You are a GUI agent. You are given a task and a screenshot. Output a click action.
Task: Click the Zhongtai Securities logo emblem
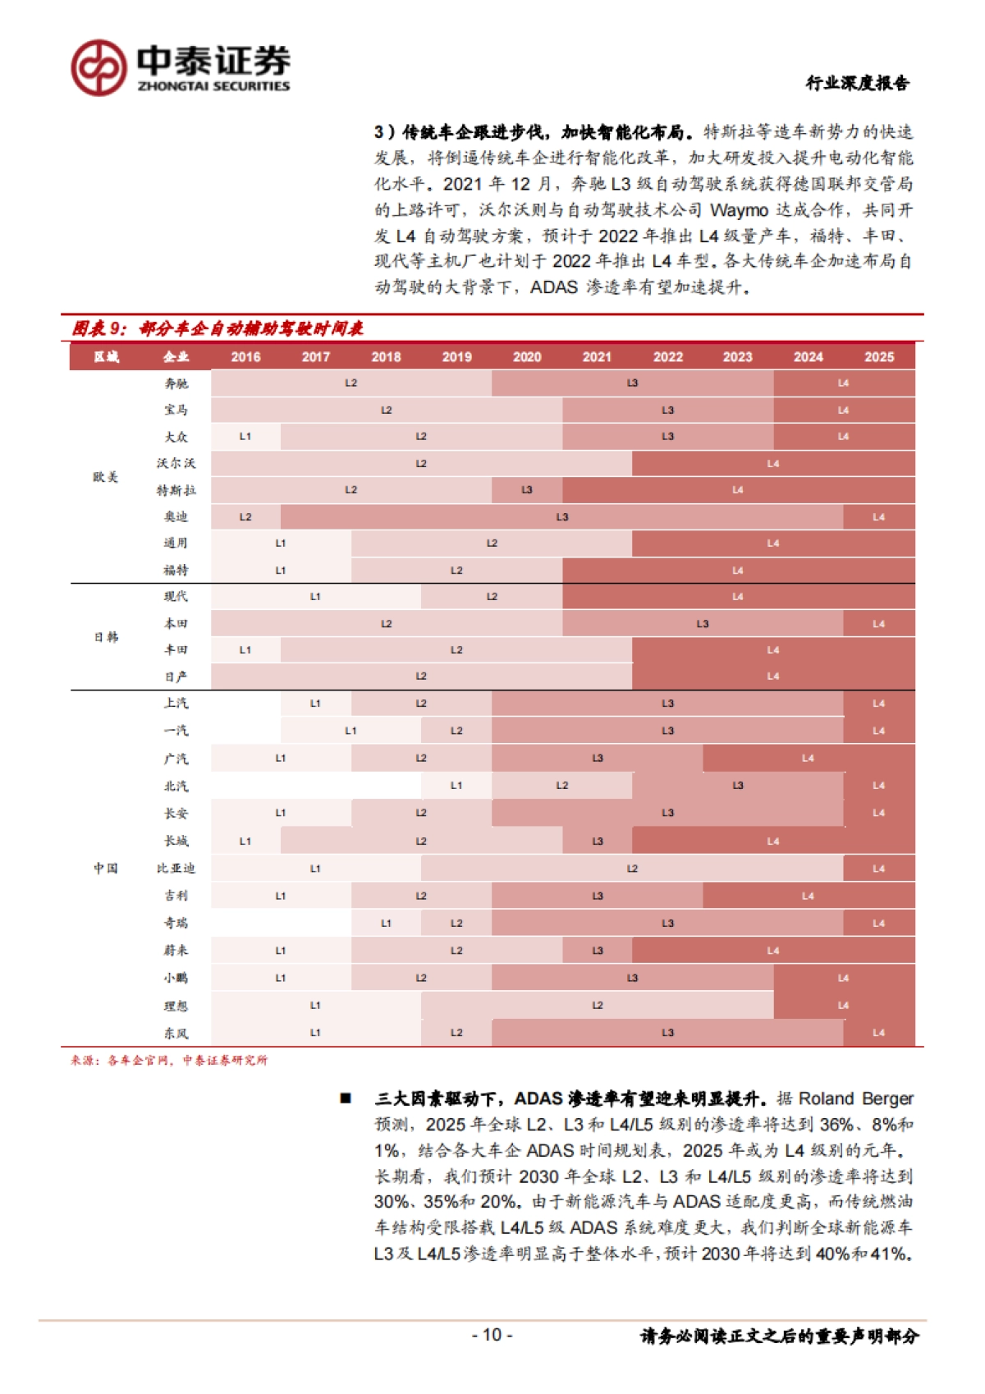[x=98, y=67]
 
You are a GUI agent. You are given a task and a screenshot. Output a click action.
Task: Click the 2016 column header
[x=245, y=357]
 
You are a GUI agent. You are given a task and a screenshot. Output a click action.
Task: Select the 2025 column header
[x=878, y=357]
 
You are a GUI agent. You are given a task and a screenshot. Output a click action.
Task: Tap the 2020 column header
[x=527, y=357]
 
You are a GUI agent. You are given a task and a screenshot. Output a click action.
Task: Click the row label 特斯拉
[x=176, y=490]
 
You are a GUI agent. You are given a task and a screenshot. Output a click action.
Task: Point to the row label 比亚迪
[x=176, y=869]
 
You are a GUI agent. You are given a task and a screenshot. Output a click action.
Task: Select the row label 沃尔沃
[x=176, y=464]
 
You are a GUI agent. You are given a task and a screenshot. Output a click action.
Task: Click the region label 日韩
[x=106, y=637]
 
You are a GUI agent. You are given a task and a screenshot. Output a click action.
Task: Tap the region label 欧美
[x=106, y=477]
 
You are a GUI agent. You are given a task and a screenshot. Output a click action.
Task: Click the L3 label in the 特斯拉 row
[x=527, y=490]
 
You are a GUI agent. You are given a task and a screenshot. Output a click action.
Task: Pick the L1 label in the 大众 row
[x=245, y=437]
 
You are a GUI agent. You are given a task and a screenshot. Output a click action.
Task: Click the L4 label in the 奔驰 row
[x=843, y=383]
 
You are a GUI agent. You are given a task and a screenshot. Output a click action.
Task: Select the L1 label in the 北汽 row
[x=456, y=786]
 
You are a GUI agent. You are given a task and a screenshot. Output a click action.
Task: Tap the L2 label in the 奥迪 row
[x=245, y=517]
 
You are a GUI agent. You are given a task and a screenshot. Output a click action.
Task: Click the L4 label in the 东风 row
[x=878, y=1033]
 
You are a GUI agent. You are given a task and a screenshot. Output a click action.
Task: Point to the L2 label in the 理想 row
[x=598, y=1006]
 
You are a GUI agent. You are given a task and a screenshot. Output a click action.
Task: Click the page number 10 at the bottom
[x=492, y=1335]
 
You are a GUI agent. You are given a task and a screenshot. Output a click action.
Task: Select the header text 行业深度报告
[x=857, y=83]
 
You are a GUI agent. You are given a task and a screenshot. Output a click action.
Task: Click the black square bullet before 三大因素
[x=346, y=1098]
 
